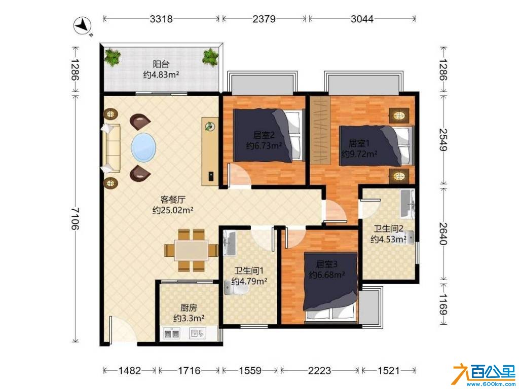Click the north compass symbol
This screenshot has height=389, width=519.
(83, 26)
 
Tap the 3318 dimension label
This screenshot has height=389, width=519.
(161, 19)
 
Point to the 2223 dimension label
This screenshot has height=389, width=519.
(319, 370)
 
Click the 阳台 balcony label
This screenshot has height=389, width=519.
(161, 64)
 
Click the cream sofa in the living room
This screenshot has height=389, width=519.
(110, 148)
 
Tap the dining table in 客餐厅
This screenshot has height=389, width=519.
(191, 250)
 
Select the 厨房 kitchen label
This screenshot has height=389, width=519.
(189, 308)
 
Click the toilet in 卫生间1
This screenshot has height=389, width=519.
(236, 288)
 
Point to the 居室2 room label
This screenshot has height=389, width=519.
(264, 135)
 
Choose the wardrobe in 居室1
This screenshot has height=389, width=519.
(320, 130)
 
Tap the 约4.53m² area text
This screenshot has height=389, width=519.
(388, 239)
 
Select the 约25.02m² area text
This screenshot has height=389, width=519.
(173, 210)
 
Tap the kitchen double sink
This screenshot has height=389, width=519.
(171, 333)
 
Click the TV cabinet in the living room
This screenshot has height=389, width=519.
(210, 151)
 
